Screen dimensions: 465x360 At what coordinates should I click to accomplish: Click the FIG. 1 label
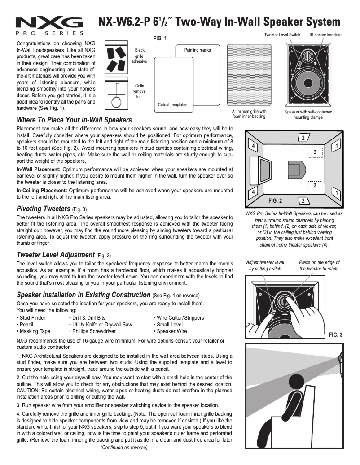pyautogui.click(x=160, y=39)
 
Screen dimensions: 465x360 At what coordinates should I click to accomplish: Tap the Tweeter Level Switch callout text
pyautogui.click(x=282, y=35)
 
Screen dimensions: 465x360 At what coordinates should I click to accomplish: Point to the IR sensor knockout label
pyautogui.click(x=326, y=35)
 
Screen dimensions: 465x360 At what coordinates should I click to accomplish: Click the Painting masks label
pyautogui.click(x=197, y=50)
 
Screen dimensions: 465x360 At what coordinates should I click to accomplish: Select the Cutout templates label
pyautogui.click(x=173, y=105)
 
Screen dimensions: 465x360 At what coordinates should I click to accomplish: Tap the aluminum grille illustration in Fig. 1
pyautogui.click(x=249, y=76)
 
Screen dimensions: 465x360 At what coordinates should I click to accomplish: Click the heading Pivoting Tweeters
pyautogui.click(x=44, y=209)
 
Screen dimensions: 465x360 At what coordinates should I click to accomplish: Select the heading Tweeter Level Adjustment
pyautogui.click(x=56, y=255)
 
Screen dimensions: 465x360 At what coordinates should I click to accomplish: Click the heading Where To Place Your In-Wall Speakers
pyautogui.click(x=74, y=120)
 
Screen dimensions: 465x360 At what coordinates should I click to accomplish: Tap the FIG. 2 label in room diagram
pyautogui.click(x=275, y=200)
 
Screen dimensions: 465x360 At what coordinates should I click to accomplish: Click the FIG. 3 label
pyautogui.click(x=335, y=335)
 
